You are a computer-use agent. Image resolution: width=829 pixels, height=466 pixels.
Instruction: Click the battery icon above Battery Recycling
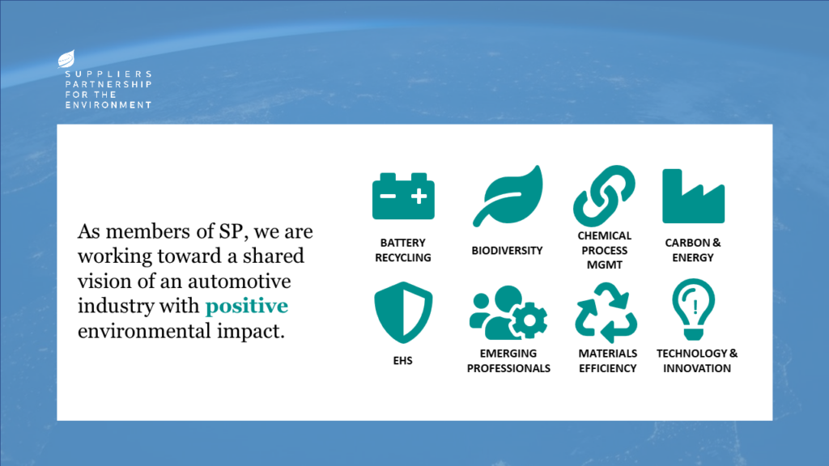click(403, 196)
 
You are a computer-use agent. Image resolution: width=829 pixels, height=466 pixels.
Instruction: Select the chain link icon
click(604, 196)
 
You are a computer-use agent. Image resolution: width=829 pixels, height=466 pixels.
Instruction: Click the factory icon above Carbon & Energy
click(693, 197)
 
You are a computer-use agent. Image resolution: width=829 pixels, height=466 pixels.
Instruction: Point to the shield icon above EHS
click(403, 312)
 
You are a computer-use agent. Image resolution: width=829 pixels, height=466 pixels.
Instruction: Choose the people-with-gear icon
click(508, 312)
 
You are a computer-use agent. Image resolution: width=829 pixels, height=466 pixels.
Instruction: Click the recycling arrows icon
click(606, 313)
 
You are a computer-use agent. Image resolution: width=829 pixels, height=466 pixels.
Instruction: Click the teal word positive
click(246, 307)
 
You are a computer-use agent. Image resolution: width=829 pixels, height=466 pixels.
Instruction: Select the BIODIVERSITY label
click(507, 251)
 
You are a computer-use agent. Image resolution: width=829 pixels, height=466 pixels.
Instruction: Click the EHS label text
click(403, 361)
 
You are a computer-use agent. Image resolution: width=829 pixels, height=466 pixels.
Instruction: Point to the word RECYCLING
click(403, 258)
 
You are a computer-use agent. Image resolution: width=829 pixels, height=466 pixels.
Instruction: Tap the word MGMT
click(604, 265)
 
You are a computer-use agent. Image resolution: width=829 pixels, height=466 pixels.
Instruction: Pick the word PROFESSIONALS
click(508, 368)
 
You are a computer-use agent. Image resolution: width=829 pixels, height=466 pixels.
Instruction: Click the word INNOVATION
click(697, 368)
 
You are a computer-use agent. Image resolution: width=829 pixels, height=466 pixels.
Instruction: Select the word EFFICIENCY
click(607, 368)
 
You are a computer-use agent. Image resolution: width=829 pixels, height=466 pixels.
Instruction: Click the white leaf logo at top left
click(66, 59)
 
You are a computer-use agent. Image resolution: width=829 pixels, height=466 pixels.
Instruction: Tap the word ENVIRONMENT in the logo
click(108, 105)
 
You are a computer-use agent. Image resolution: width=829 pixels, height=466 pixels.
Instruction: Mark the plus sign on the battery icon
click(419, 197)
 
